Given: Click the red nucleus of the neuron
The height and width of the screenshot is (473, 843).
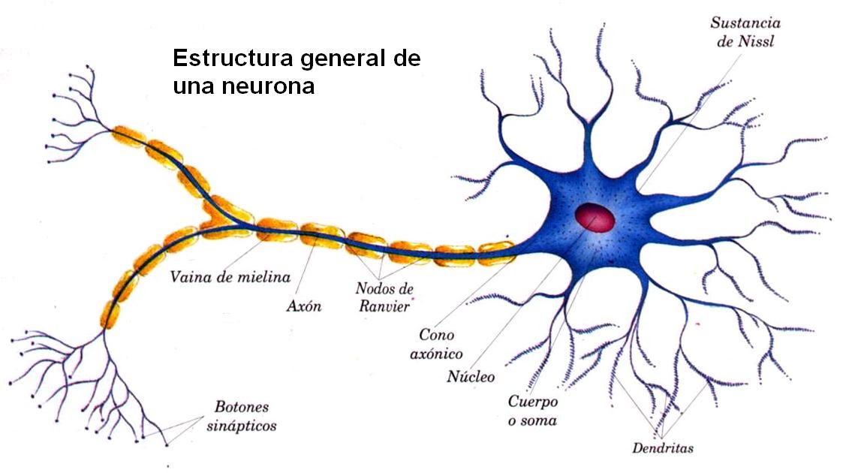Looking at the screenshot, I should click(595, 218).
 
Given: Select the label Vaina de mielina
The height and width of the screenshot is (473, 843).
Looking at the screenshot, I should click(230, 277).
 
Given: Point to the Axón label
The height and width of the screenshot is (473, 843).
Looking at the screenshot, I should click(303, 306).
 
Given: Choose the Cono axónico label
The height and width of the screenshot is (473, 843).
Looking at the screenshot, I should click(441, 343).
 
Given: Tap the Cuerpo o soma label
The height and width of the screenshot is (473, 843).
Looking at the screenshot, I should click(532, 411).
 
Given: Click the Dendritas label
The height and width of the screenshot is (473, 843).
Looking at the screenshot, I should click(662, 449).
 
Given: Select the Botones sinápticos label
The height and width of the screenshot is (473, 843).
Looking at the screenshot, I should click(241, 417).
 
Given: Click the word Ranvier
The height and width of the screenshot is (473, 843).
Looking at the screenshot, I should click(384, 306).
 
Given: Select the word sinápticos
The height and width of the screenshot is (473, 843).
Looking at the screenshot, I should click(241, 426).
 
